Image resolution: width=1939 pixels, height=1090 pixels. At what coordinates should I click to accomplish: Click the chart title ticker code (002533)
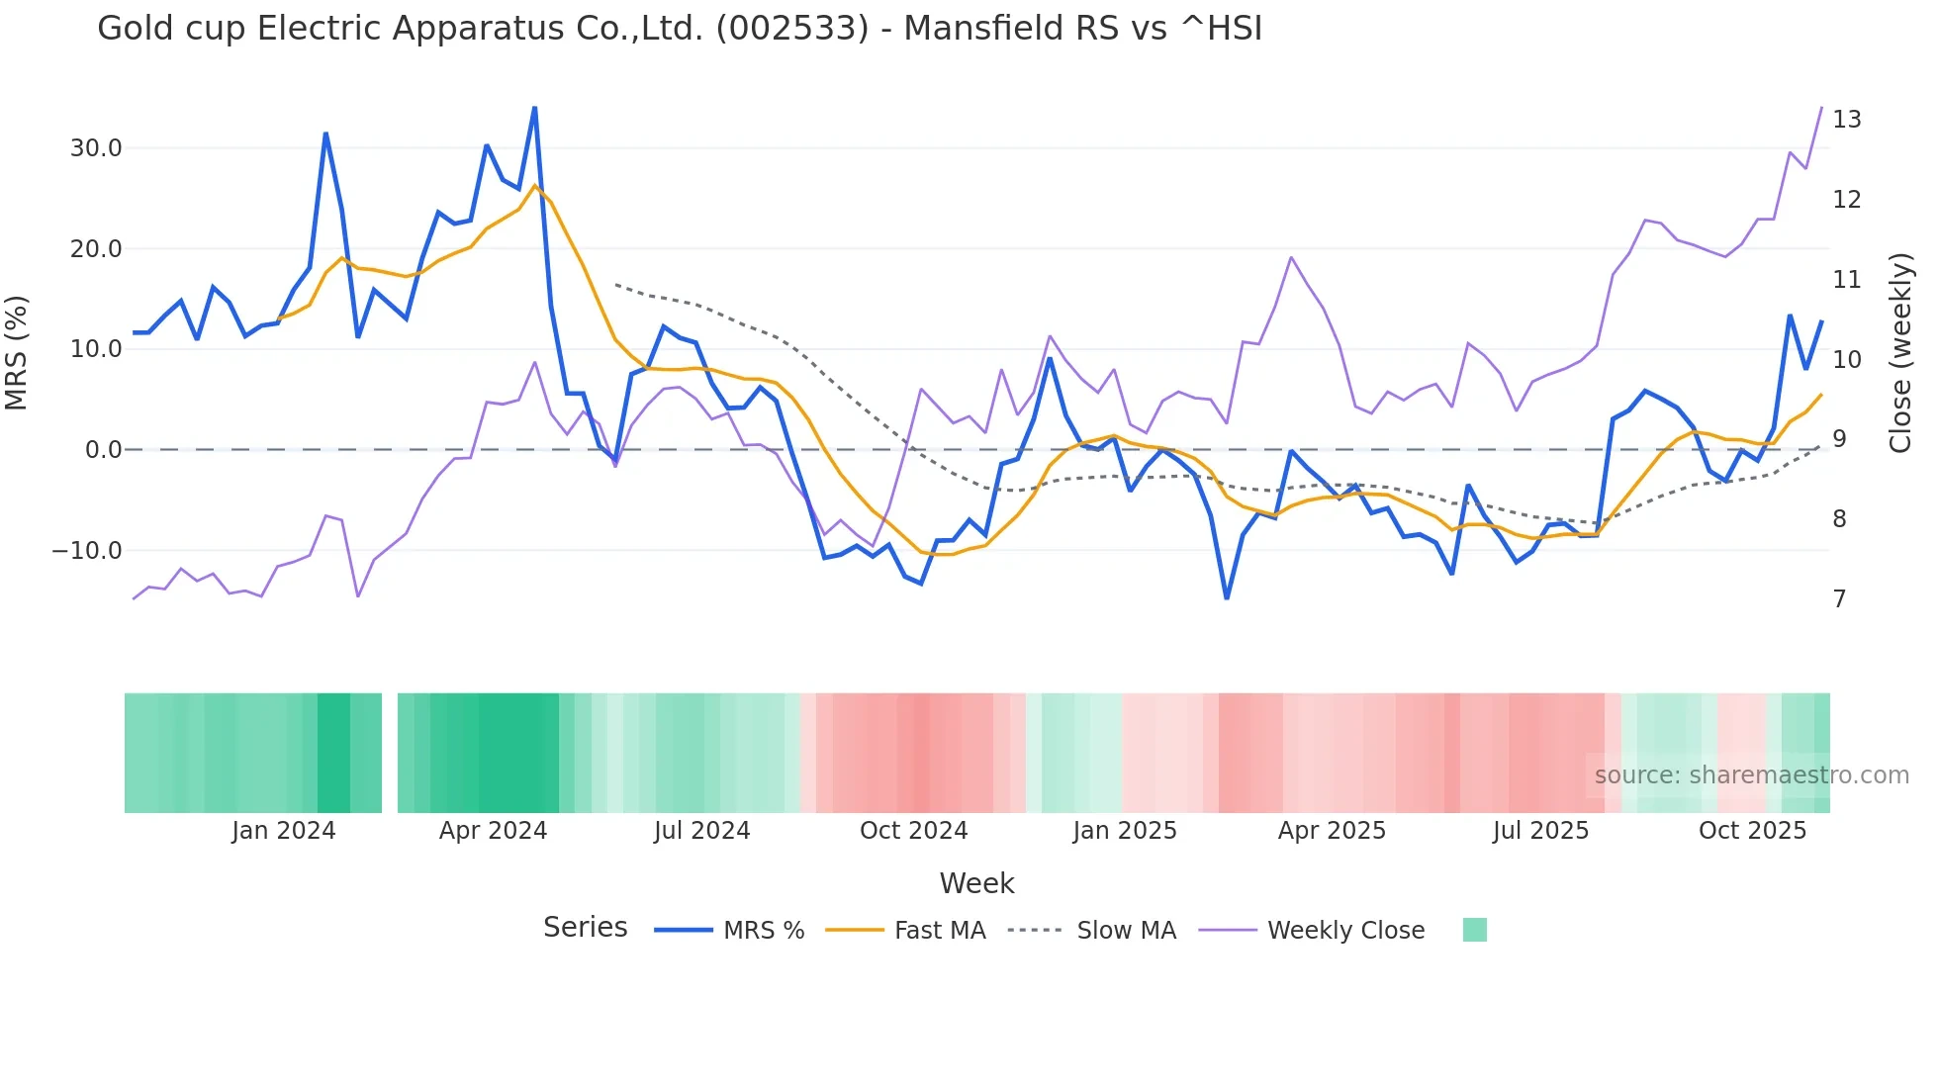[x=792, y=28]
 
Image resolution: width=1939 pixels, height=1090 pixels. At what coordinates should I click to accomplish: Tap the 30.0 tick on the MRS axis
[x=96, y=148]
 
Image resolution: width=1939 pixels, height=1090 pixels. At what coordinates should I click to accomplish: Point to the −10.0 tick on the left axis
[x=88, y=551]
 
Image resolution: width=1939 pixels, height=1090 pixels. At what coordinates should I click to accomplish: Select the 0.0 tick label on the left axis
[x=104, y=450]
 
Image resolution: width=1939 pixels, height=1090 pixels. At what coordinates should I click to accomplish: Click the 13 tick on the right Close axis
[x=1846, y=120]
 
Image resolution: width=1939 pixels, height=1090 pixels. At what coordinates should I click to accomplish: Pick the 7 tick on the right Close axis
[x=1839, y=599]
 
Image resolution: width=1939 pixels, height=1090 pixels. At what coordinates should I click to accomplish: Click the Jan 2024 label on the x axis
[x=284, y=831]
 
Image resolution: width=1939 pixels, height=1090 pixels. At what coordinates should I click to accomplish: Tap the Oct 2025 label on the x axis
[x=1752, y=831]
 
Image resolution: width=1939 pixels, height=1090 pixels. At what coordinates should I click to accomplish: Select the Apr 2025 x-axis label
[x=1332, y=831]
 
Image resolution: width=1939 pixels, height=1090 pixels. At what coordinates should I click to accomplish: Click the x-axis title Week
[x=976, y=883]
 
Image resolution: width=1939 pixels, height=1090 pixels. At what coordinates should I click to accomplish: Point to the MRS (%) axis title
[x=17, y=352]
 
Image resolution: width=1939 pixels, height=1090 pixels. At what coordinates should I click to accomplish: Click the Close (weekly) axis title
[x=1900, y=352]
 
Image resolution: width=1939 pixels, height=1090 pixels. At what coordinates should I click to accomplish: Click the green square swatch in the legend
[x=1474, y=930]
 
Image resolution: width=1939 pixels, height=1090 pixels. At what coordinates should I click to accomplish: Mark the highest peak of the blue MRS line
[x=535, y=108]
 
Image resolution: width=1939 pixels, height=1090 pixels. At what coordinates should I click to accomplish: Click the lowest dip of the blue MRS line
[x=1227, y=598]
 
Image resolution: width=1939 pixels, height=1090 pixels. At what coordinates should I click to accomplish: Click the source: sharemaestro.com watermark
[x=1751, y=775]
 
